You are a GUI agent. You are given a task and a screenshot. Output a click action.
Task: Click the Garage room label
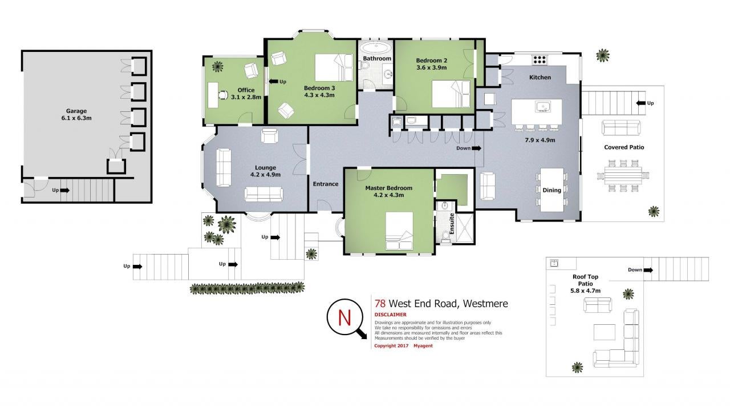(x=76, y=111)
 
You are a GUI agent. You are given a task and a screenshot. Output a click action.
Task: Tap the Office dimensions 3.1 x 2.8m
(x=246, y=97)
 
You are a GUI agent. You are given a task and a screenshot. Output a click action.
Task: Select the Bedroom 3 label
(x=319, y=88)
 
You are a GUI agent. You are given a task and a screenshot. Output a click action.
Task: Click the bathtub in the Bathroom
(x=377, y=49)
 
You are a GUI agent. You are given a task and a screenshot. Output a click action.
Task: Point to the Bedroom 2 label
(x=432, y=61)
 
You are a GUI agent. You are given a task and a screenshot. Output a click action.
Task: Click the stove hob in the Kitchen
(x=540, y=60)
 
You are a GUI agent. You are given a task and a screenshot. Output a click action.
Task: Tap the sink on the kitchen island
(x=543, y=106)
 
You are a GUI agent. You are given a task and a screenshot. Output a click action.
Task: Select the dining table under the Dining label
(x=551, y=190)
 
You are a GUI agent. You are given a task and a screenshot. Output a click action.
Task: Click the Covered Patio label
(x=624, y=147)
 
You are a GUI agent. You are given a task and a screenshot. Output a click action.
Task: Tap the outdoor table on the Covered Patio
(x=623, y=176)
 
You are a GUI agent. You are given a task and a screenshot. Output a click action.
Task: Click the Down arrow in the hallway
(x=476, y=148)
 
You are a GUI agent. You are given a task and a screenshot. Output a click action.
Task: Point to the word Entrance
(x=326, y=184)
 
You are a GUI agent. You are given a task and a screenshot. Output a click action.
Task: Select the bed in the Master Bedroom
(x=399, y=231)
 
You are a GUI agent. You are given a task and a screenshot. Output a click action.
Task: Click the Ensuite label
(x=452, y=224)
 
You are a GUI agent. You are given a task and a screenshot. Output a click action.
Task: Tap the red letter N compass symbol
(x=345, y=317)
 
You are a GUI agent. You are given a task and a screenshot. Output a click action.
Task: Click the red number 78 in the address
(x=380, y=304)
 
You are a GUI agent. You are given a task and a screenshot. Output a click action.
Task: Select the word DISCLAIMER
(x=391, y=315)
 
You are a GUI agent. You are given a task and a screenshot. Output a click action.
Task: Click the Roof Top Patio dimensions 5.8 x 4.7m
(x=585, y=291)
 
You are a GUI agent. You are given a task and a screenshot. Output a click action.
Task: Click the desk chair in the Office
(x=222, y=95)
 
